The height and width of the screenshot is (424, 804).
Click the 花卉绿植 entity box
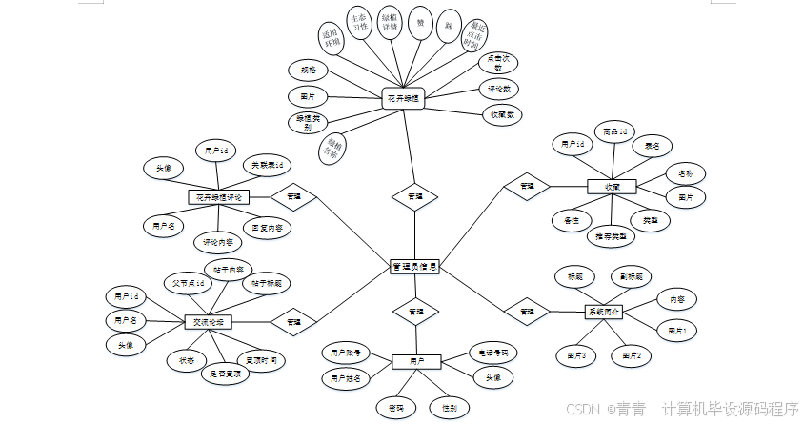pyautogui.click(x=404, y=98)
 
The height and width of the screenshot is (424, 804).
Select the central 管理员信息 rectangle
pyautogui.click(x=414, y=268)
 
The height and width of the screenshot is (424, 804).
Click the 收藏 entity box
pyautogui.click(x=612, y=187)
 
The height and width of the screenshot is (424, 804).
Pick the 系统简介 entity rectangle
pyautogui.click(x=602, y=312)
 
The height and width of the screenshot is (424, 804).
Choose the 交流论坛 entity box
pyautogui.click(x=208, y=322)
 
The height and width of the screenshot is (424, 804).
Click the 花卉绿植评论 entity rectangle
pyautogui.click(x=218, y=197)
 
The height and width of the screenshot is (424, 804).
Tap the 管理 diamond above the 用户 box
pyautogui.click(x=415, y=312)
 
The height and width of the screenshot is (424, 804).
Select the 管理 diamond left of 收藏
pyautogui.click(x=526, y=186)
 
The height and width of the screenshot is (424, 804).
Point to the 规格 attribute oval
pyautogui.click(x=308, y=71)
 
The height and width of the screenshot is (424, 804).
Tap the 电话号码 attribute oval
pyautogui.click(x=493, y=353)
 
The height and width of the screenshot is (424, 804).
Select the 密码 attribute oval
pyautogui.click(x=390, y=408)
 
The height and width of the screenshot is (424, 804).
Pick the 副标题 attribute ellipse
pyautogui.click(x=632, y=276)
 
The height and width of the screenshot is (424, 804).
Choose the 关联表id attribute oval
pyautogui.click(x=267, y=166)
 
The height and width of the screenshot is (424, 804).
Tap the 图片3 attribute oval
pyautogui.click(x=576, y=355)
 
